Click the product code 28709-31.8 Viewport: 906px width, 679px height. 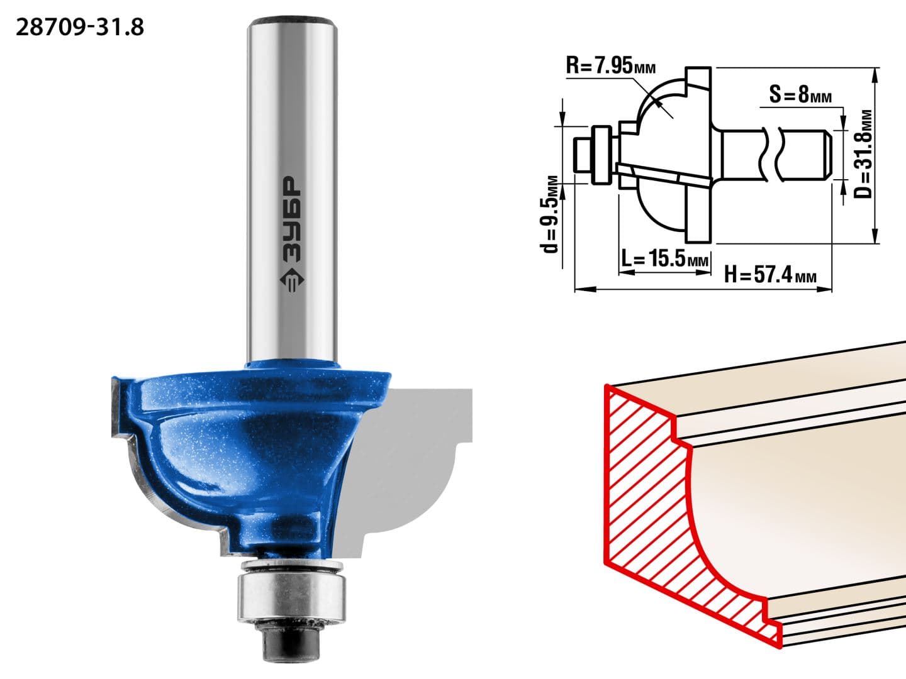[x=80, y=28]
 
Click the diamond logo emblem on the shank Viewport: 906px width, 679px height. [x=292, y=280]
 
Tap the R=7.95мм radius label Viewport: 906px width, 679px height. [x=610, y=65]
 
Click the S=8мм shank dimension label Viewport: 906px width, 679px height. [x=800, y=94]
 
